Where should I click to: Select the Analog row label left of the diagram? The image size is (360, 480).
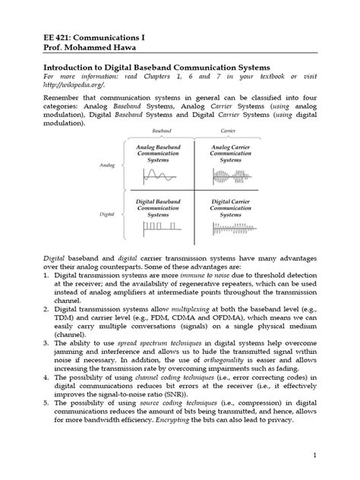coord(106,163)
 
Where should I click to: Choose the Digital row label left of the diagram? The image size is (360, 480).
coord(107,215)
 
